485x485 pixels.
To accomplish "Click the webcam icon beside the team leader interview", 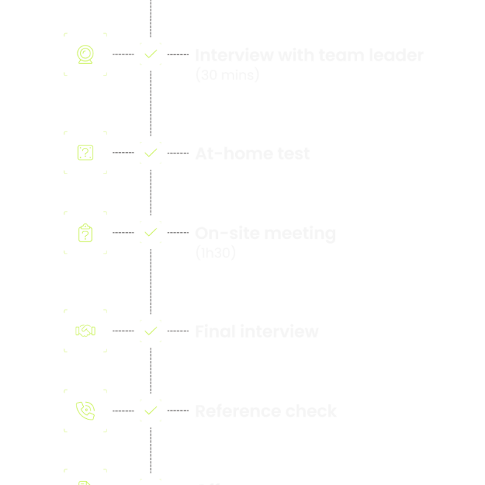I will click(85, 54).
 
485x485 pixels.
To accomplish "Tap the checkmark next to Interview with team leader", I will click(151, 54).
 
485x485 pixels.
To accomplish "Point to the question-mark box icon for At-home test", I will click(85, 153).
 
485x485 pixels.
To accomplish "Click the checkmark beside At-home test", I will click(151, 153).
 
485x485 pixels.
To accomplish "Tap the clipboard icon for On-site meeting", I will click(85, 233).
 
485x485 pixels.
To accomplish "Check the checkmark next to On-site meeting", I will click(151, 233).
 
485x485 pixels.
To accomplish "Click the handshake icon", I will click(85, 331).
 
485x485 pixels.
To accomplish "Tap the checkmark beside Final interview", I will click(151, 331).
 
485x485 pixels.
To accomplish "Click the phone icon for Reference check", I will click(85, 411).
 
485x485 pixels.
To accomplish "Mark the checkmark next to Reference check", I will click(151, 411).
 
